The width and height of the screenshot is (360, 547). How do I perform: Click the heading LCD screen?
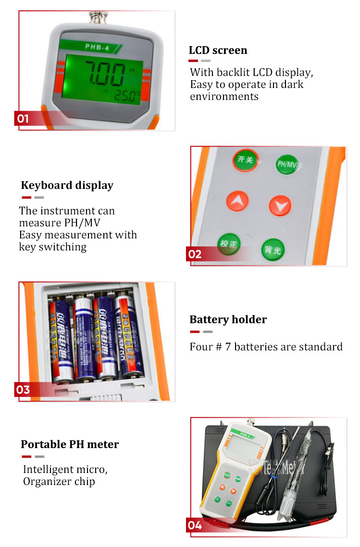(218, 50)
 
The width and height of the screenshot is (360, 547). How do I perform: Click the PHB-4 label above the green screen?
(95, 47)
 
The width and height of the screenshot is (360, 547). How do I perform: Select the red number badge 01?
(23, 118)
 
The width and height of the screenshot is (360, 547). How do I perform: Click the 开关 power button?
(245, 159)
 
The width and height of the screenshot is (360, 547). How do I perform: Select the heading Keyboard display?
(67, 186)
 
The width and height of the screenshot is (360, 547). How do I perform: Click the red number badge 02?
(195, 254)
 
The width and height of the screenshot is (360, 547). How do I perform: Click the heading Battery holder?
(228, 320)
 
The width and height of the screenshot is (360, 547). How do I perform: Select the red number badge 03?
(23, 389)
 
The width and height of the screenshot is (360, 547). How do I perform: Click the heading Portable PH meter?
(70, 444)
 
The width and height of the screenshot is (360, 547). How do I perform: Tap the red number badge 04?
(195, 525)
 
